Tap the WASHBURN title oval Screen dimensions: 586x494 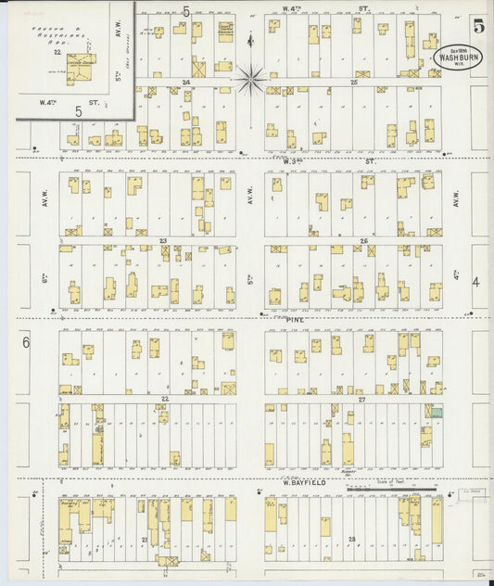click(453, 55)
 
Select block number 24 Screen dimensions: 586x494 click(186, 83)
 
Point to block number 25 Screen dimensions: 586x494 click(354, 83)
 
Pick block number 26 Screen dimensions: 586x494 click(364, 241)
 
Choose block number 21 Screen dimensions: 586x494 click(145, 539)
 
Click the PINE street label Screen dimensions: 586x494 click(295, 319)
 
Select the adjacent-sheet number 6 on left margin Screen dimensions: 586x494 click(26, 342)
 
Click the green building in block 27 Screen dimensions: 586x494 click(435, 412)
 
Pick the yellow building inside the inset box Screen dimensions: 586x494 click(81, 66)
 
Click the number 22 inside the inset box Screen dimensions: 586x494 click(57, 53)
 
